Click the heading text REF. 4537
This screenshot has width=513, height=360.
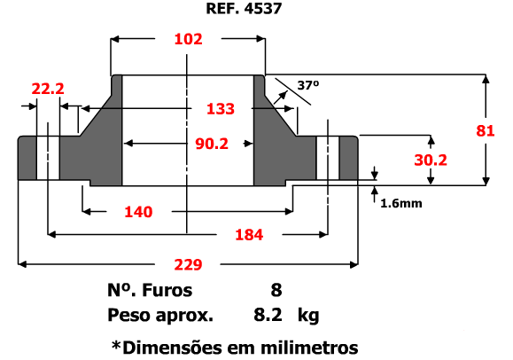[244, 9]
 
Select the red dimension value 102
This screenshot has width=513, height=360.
[188, 39]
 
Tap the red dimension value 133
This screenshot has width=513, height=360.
[221, 109]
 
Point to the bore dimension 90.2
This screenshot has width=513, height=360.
[212, 144]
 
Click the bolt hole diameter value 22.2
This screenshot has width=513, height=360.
[48, 89]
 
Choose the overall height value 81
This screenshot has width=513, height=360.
[486, 130]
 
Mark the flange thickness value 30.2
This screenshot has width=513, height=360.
[431, 160]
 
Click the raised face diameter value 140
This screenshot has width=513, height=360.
[138, 212]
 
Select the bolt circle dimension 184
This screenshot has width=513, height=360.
[249, 235]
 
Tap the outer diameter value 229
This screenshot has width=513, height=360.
[188, 264]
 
